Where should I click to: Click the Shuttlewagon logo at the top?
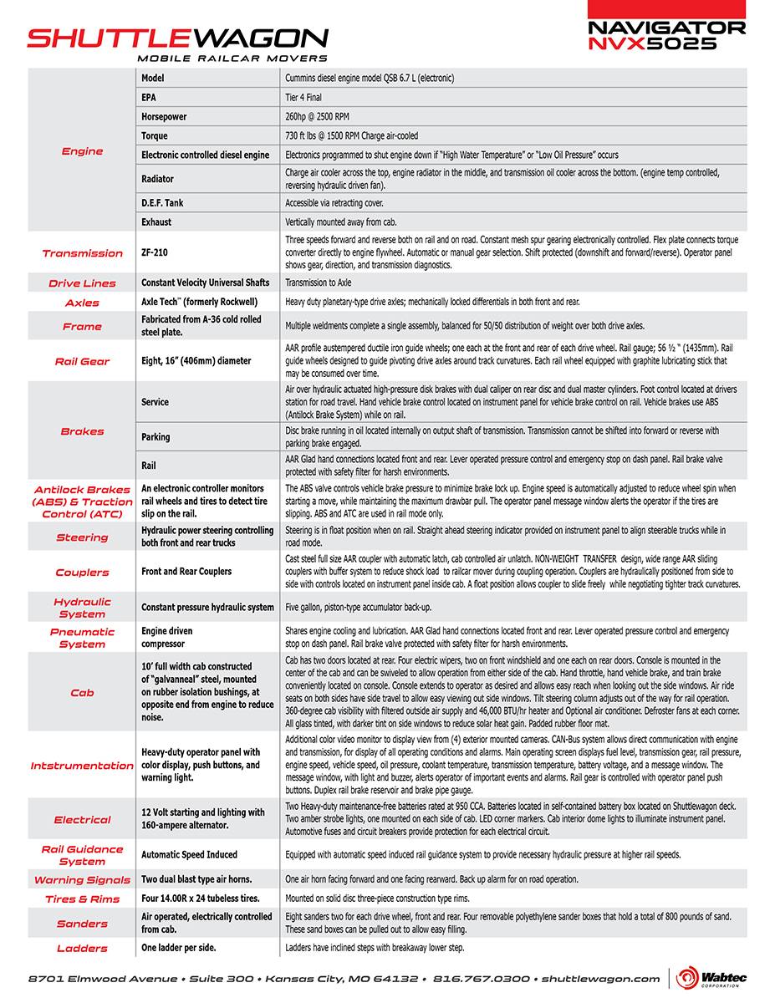tap(177, 38)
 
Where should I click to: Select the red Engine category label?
tap(82, 151)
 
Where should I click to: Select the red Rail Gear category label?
tap(82, 361)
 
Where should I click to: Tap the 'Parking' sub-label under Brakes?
tap(156, 436)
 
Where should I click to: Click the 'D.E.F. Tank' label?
tap(162, 202)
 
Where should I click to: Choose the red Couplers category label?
tap(82, 573)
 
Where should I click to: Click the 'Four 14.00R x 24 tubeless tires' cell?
tap(201, 899)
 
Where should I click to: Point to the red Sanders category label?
tap(82, 924)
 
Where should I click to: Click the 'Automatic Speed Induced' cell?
tap(189, 855)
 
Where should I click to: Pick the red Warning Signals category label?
tap(82, 880)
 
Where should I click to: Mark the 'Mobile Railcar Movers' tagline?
tap(232, 59)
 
